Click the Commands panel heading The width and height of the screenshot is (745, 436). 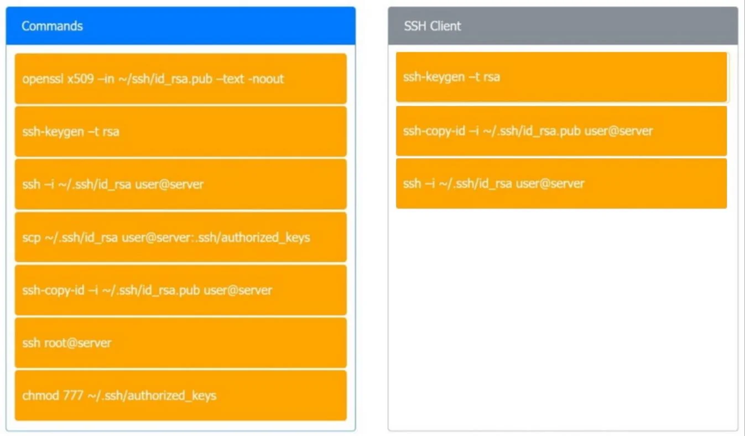pyautogui.click(x=52, y=26)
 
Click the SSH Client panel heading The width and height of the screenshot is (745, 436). pyautogui.click(x=433, y=26)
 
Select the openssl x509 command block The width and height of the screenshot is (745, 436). pyautogui.click(x=181, y=79)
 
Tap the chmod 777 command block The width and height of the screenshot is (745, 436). pyautogui.click(x=181, y=396)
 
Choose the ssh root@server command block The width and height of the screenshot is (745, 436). pyautogui.click(x=181, y=343)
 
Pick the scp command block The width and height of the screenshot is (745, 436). pyautogui.click(x=181, y=237)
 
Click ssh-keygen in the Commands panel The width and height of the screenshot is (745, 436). pyautogui.click(x=181, y=132)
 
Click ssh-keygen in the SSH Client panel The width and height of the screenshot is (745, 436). pyautogui.click(x=561, y=77)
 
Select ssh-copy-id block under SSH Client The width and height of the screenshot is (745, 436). pyautogui.click(x=561, y=131)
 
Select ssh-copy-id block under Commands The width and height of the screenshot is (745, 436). pyautogui.click(x=181, y=290)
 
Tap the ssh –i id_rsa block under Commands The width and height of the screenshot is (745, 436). pyautogui.click(x=181, y=184)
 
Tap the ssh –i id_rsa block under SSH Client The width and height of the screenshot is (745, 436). pyautogui.click(x=561, y=183)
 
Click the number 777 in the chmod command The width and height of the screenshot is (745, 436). pyautogui.click(x=73, y=396)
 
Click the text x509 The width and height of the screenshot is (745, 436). pyautogui.click(x=81, y=79)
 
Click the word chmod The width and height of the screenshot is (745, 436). pyautogui.click(x=41, y=396)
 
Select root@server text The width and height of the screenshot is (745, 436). pyautogui.click(x=78, y=343)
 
